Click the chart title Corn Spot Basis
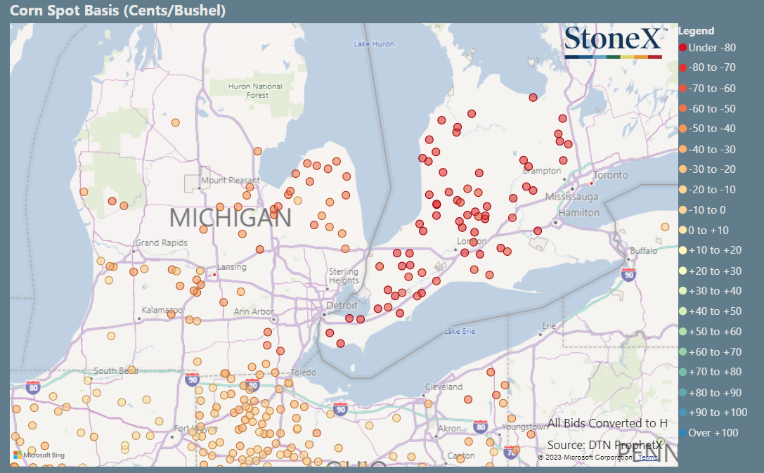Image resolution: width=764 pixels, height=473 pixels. pyautogui.click(x=118, y=11)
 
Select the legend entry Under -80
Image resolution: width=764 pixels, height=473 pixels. pyautogui.click(x=706, y=48)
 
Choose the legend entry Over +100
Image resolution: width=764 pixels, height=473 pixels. pyautogui.click(x=708, y=432)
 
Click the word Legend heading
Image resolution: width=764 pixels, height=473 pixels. pyautogui.click(x=696, y=31)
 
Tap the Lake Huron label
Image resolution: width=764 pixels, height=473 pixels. pyautogui.click(x=374, y=44)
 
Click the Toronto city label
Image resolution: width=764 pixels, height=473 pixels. pyautogui.click(x=610, y=175)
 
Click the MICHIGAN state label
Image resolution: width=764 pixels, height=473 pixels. pyautogui.click(x=230, y=217)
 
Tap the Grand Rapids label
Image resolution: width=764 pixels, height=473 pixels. pyautogui.click(x=162, y=242)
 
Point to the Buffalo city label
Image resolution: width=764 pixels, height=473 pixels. pyautogui.click(x=643, y=250)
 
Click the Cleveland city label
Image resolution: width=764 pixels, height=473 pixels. pyautogui.click(x=443, y=387)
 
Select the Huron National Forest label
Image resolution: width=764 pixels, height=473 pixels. pyautogui.click(x=255, y=91)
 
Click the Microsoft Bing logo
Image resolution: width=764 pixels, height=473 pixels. pyautogui.click(x=39, y=455)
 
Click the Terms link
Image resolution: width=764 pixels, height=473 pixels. pyautogui.click(x=648, y=457)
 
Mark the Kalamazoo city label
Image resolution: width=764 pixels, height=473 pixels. pyautogui.click(x=162, y=309)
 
